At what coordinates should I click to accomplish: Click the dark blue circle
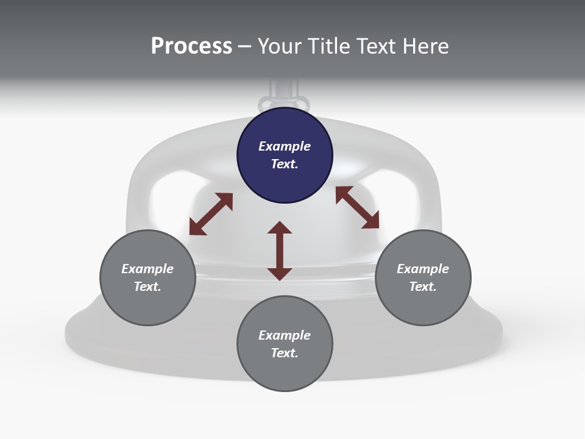[x=285, y=155]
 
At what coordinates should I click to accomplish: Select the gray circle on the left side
[x=147, y=277]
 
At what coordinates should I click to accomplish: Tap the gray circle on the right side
[x=423, y=277]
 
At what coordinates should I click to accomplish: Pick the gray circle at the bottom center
[x=285, y=344]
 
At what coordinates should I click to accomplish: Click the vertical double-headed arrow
[x=280, y=251]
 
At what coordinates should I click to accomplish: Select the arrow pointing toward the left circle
[x=211, y=214]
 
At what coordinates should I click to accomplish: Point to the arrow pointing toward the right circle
[x=357, y=207]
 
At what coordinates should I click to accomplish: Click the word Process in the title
[x=191, y=46]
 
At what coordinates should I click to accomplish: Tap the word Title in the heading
[x=330, y=46]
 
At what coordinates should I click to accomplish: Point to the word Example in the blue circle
[x=285, y=146]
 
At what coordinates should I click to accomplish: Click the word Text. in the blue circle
[x=285, y=164]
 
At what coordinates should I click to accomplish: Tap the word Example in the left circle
[x=147, y=269]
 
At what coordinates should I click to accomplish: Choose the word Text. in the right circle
[x=423, y=287]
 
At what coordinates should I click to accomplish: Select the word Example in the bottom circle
[x=285, y=335]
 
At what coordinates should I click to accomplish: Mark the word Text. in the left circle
[x=147, y=287]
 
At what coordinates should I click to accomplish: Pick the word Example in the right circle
[x=423, y=269]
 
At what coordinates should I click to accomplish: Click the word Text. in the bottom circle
[x=285, y=353]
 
